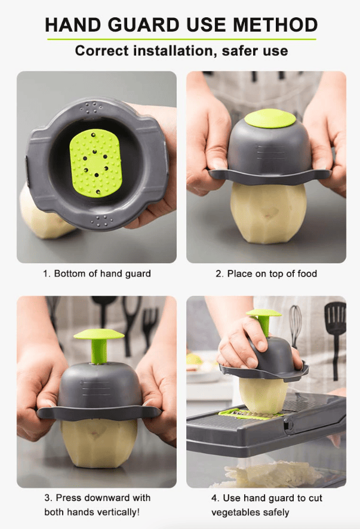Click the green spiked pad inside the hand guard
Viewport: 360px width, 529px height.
pyautogui.click(x=96, y=162)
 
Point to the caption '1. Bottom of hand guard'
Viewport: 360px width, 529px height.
pyautogui.click(x=97, y=273)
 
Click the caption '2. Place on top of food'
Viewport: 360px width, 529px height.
pyautogui.click(x=266, y=273)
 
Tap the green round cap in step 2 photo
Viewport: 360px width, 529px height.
pyautogui.click(x=270, y=118)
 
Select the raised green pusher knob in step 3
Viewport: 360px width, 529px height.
pyautogui.click(x=99, y=345)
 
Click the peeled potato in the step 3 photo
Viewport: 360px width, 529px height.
pyautogui.click(x=99, y=442)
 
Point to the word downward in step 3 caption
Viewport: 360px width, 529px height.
pyautogui.click(x=107, y=497)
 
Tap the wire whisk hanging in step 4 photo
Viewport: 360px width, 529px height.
pyautogui.click(x=295, y=325)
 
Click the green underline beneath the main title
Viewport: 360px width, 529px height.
pyautogui.click(x=181, y=39)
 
